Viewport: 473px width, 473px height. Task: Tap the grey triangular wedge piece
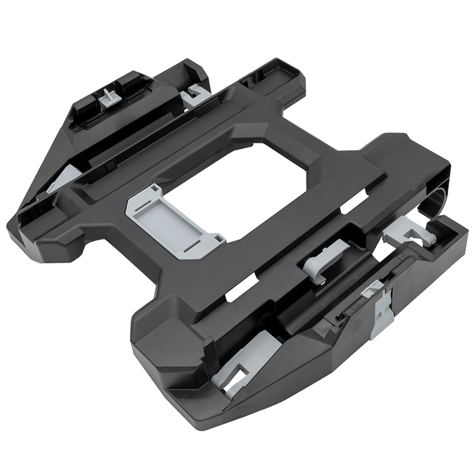pos(65,177)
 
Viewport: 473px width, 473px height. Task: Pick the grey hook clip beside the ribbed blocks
pos(192,95)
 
